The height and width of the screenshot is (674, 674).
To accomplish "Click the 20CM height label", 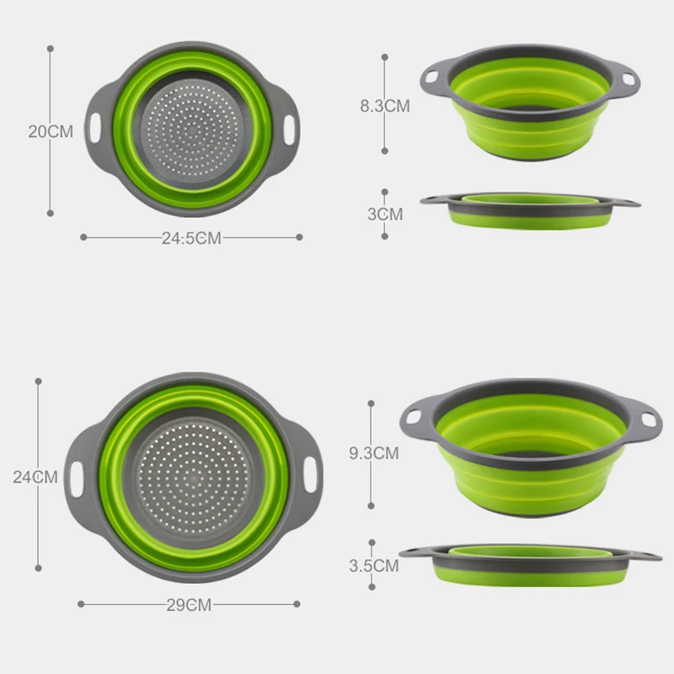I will pyautogui.click(x=51, y=131).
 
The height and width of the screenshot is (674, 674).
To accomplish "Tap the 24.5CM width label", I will pyautogui.click(x=191, y=238).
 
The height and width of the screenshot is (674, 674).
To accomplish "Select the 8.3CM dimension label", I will pyautogui.click(x=385, y=106).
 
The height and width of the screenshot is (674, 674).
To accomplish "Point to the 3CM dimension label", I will pyautogui.click(x=385, y=214).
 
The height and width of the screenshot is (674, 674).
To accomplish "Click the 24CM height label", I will pyautogui.click(x=35, y=477).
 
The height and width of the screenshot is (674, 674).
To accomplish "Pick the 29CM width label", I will pyautogui.click(x=188, y=604).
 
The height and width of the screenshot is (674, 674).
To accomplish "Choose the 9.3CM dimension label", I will pyautogui.click(x=373, y=453).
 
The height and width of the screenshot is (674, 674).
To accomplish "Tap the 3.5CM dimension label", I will pyautogui.click(x=373, y=566).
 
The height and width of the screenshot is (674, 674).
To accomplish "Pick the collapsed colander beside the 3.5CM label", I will pyautogui.click(x=531, y=563).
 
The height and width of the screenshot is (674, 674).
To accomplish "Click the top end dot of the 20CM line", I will pyautogui.click(x=51, y=48).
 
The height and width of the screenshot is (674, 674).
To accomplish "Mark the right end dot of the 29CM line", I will pyautogui.click(x=297, y=603).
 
